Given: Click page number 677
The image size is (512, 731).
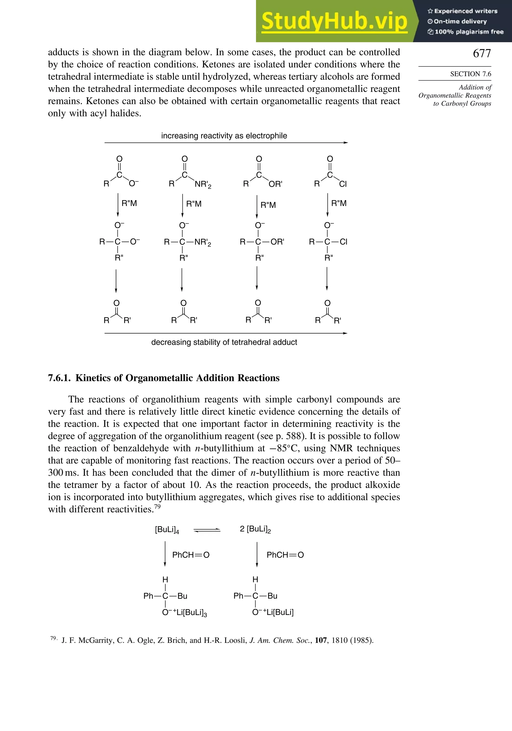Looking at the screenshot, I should [x=482, y=53].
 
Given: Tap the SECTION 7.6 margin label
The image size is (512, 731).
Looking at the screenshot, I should [x=470, y=74].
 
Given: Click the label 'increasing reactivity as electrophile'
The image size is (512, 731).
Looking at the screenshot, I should [x=224, y=136].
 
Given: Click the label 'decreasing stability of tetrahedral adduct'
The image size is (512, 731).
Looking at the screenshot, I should [x=224, y=342].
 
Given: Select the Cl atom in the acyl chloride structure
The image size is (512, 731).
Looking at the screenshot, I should [x=343, y=184].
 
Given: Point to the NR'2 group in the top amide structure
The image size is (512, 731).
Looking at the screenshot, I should [x=203, y=184].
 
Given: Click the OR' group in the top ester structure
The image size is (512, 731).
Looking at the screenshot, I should [x=275, y=184].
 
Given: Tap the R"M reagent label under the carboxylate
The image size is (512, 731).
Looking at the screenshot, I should [x=129, y=203].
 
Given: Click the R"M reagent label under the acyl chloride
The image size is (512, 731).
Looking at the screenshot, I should [x=339, y=203].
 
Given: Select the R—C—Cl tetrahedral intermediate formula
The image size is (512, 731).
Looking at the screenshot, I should [x=328, y=242].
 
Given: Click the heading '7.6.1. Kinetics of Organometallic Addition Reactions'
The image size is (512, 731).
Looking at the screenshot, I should [x=164, y=378].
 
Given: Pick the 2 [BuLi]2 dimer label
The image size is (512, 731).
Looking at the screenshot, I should [x=255, y=529].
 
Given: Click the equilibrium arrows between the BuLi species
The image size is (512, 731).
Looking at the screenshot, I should [x=207, y=530].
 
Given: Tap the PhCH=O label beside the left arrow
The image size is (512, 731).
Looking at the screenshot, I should [x=191, y=555].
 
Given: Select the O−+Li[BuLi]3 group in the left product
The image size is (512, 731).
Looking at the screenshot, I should [x=184, y=613].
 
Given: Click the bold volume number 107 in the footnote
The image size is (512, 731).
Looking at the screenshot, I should [x=321, y=640].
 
